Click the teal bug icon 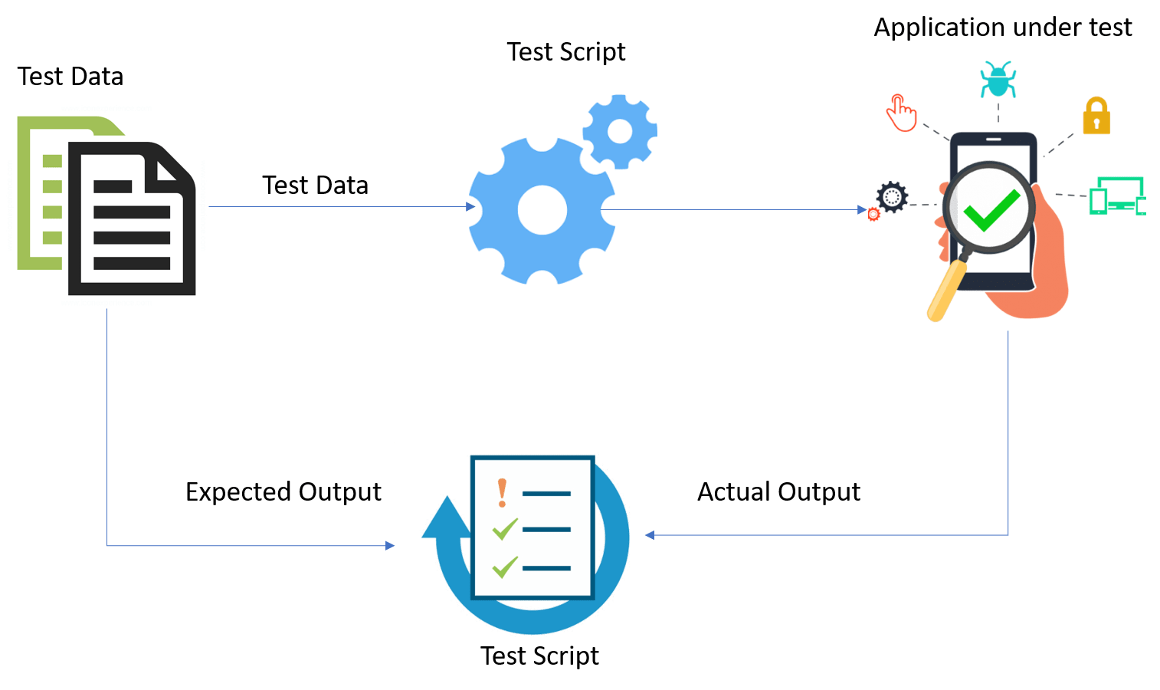tap(998, 80)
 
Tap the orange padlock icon tap(1096, 117)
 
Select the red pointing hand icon tap(901, 113)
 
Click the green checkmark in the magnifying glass tap(991, 209)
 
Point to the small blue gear tap(619, 131)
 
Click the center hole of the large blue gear tap(542, 209)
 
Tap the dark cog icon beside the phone tap(892, 197)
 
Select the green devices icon tap(1117, 195)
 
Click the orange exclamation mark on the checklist tap(502, 493)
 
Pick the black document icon tap(132, 219)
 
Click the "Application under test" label tap(1003, 28)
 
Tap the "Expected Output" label tap(283, 491)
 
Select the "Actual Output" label tap(778, 491)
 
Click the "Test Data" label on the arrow tap(315, 186)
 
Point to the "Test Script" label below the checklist tap(539, 656)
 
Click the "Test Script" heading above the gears tap(566, 52)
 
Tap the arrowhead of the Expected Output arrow tap(391, 545)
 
